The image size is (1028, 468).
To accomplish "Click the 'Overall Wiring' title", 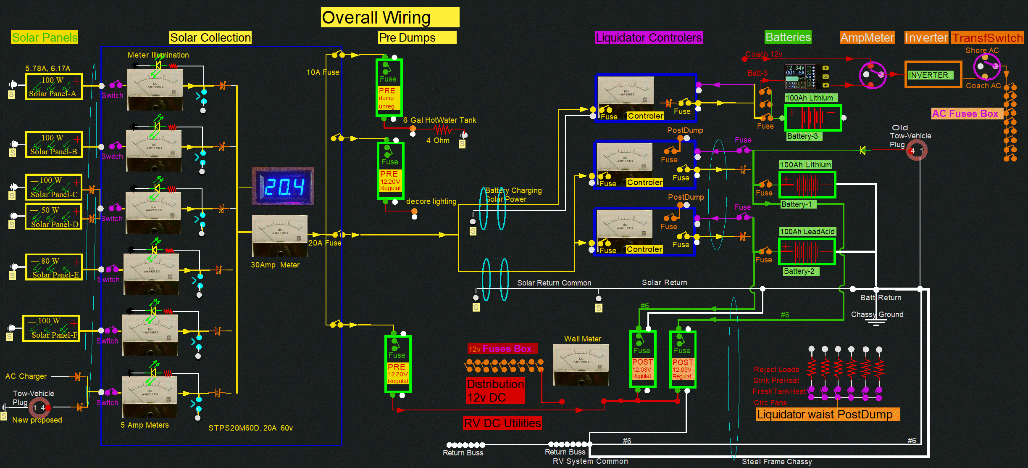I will pyautogui.click(x=389, y=18).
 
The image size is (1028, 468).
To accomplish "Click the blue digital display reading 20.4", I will pyautogui.click(x=283, y=186).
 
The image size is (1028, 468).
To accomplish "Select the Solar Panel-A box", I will pyautogui.click(x=54, y=87).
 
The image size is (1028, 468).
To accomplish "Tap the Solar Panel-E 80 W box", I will pyautogui.click(x=54, y=267).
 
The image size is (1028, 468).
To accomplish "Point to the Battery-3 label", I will pyautogui.click(x=802, y=136).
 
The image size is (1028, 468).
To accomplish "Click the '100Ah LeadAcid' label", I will pyautogui.click(x=807, y=232).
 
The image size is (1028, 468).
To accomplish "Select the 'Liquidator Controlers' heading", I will pyautogui.click(x=649, y=38).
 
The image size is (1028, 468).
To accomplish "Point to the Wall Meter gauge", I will pyautogui.click(x=581, y=365).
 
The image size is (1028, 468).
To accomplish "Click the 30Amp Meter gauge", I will pyautogui.click(x=279, y=236).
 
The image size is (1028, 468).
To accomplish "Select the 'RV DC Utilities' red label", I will pyautogui.click(x=502, y=423).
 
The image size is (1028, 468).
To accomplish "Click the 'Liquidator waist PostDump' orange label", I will pyautogui.click(x=827, y=414).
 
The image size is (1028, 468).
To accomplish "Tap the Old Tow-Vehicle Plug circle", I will pyautogui.click(x=916, y=151).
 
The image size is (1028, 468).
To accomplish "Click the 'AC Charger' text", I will pyautogui.click(x=26, y=376).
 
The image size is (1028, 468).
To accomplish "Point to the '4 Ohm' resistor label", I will pyautogui.click(x=438, y=140).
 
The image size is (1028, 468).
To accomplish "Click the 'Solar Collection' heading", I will pyautogui.click(x=210, y=38).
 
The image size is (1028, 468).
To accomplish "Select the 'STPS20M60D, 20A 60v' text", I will pyautogui.click(x=250, y=428).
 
